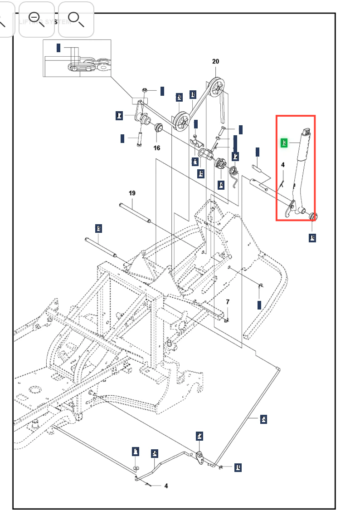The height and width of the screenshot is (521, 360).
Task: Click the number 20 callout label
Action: click(x=215, y=62)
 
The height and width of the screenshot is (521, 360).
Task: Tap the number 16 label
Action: click(x=157, y=148)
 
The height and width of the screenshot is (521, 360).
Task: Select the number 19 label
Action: click(x=132, y=193)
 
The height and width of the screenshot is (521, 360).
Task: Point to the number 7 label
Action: click(x=228, y=302)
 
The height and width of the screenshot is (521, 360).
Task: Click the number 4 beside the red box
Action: click(x=283, y=165)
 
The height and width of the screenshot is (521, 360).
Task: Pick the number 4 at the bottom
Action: click(x=166, y=486)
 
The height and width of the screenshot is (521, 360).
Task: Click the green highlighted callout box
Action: click(x=284, y=143)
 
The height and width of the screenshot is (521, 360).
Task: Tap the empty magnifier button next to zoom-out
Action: click(x=76, y=20)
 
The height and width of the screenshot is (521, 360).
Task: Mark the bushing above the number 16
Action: click(x=159, y=126)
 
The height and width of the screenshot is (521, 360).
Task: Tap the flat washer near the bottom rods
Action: click(x=136, y=467)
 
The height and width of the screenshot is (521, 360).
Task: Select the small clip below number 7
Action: click(x=227, y=321)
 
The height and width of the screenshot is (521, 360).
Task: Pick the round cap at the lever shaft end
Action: click(x=312, y=216)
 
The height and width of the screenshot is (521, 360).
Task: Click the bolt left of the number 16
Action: click(x=139, y=138)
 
